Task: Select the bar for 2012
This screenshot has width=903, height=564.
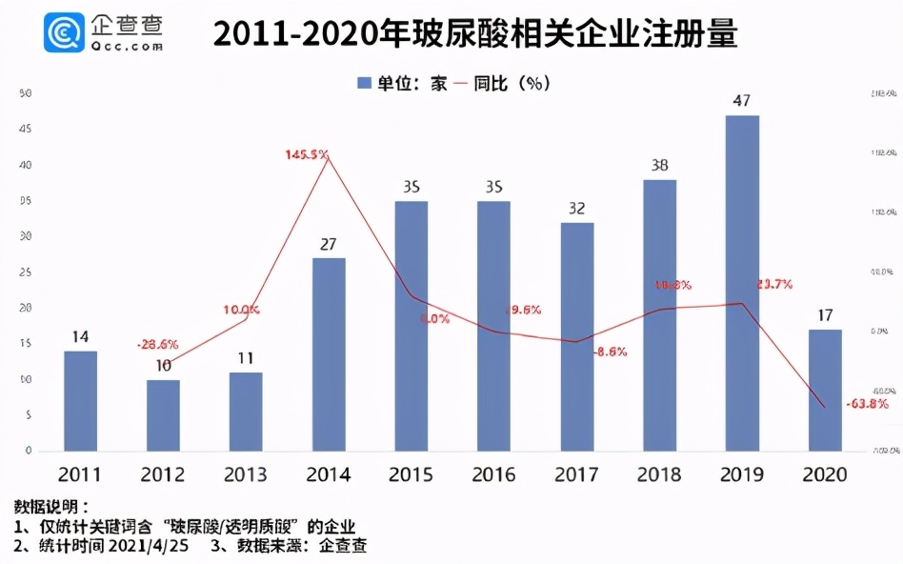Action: click(x=163, y=415)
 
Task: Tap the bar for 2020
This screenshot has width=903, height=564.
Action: click(x=825, y=390)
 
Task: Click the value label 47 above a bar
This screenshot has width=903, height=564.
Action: click(x=742, y=100)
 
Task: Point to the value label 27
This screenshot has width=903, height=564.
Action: click(x=329, y=244)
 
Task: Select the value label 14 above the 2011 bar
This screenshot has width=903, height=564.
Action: click(x=80, y=336)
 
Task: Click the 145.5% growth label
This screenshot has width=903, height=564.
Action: click(x=307, y=153)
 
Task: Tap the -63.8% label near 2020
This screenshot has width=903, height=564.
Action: click(x=866, y=404)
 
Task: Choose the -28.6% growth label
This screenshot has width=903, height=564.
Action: click(x=156, y=343)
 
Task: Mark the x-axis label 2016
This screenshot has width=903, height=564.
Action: click(x=493, y=474)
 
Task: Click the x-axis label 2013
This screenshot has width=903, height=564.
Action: click(x=246, y=474)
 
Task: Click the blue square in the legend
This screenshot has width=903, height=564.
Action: click(x=363, y=83)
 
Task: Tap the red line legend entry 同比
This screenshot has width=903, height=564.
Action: click(x=486, y=83)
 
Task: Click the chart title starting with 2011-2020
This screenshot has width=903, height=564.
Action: click(x=474, y=34)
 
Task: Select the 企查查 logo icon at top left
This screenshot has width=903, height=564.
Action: click(x=65, y=34)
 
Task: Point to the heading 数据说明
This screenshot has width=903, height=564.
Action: click(x=52, y=506)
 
